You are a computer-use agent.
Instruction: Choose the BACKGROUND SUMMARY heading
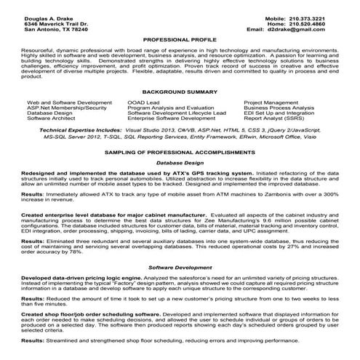point(180,93)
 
